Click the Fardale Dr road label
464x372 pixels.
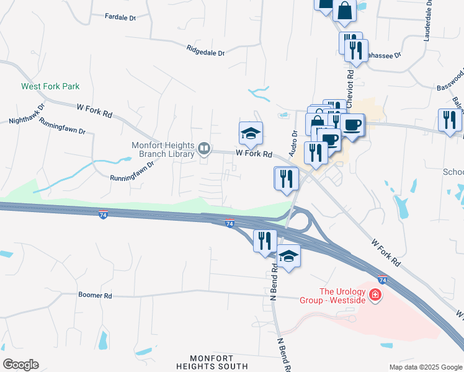[x=120, y=17]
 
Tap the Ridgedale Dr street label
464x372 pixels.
[x=206, y=50]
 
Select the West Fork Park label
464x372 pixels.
[x=50, y=87]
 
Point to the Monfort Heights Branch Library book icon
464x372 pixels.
[x=203, y=148]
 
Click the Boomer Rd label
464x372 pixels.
[x=95, y=296]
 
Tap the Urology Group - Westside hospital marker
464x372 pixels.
[x=375, y=294]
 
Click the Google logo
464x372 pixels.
[x=20, y=365]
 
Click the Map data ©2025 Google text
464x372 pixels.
[x=425, y=367]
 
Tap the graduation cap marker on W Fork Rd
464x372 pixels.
[x=251, y=133]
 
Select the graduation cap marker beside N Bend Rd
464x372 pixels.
[x=288, y=255]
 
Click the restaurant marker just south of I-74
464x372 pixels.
[x=265, y=240]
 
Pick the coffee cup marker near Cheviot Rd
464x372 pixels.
[x=352, y=125]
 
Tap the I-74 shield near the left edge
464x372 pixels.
[x=104, y=215]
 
